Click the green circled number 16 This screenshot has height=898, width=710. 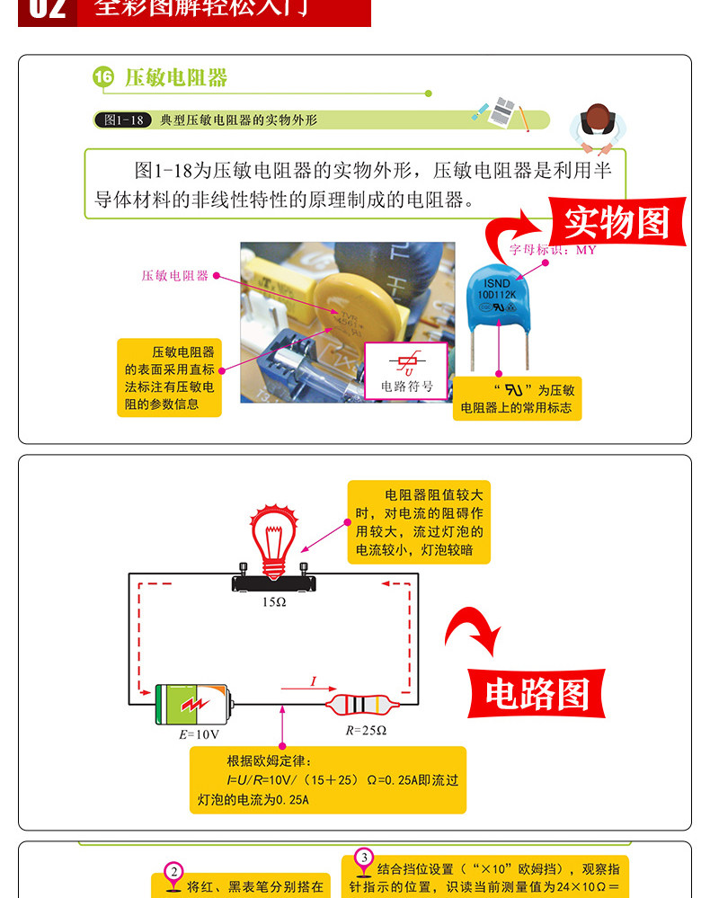(103, 78)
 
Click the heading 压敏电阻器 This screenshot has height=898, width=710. (176, 78)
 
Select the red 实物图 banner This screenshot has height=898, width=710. (617, 221)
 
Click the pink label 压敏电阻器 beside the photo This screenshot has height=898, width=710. (174, 276)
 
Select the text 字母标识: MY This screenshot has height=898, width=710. (553, 250)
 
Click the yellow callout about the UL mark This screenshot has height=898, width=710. (517, 398)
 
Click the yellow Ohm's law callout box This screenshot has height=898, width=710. (327, 779)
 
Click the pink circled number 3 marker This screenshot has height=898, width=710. (364, 858)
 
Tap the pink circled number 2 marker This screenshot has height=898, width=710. (174, 872)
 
